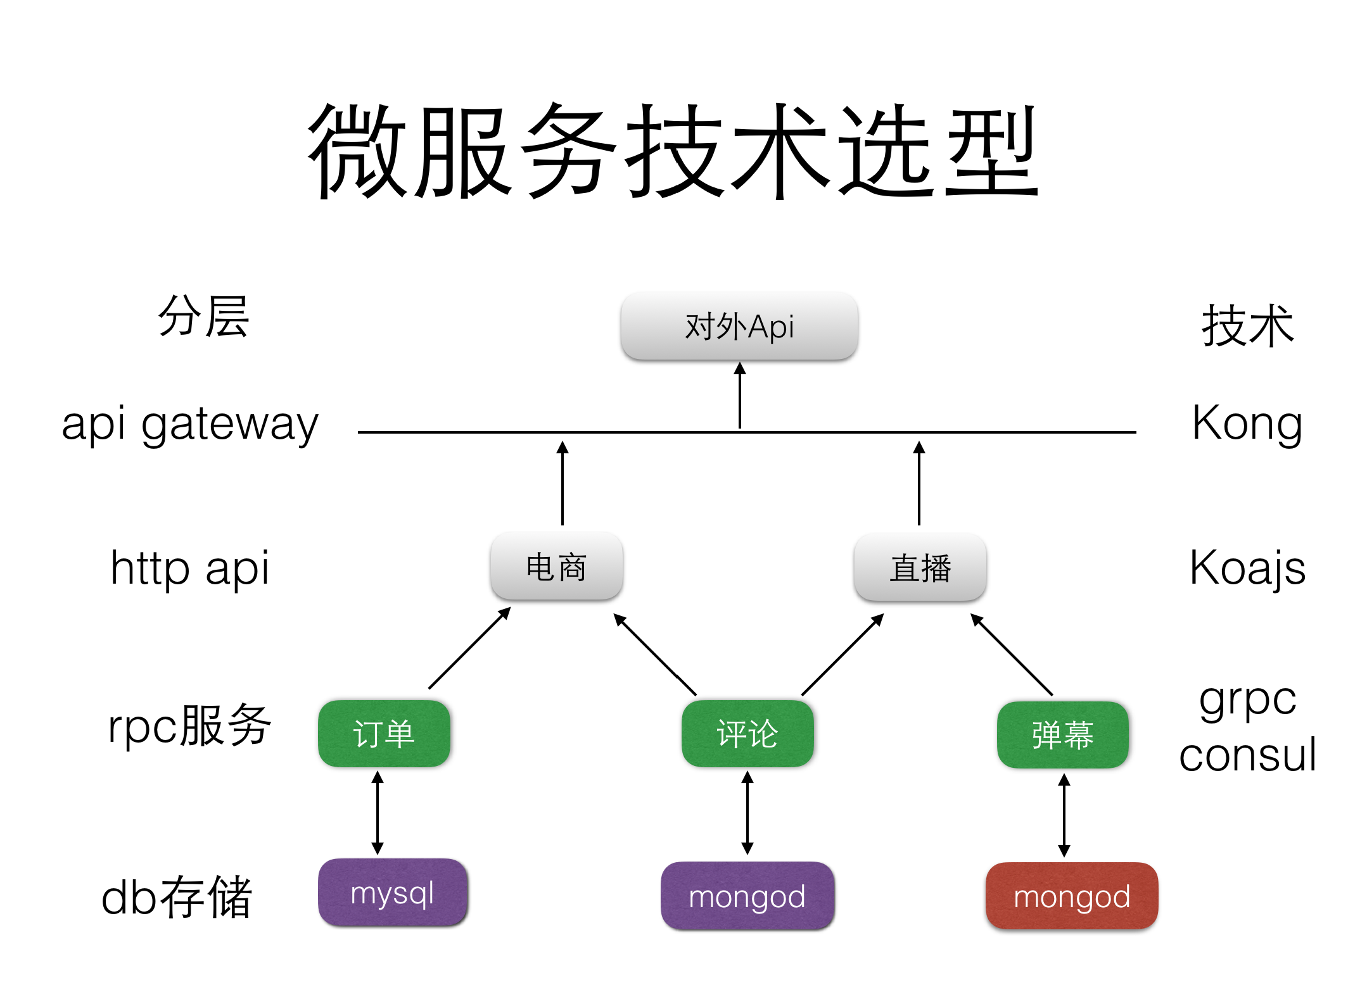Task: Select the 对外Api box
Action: [x=739, y=326]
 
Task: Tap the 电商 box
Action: [x=556, y=566]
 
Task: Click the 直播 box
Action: [x=920, y=567]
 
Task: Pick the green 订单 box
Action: [x=384, y=734]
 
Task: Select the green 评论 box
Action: [x=747, y=734]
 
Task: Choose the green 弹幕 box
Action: [x=1062, y=734]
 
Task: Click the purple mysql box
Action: [x=393, y=893]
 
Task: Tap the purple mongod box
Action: [x=747, y=896]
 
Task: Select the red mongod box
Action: [x=1071, y=896]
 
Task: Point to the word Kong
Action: [x=1247, y=423]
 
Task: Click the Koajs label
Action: [x=1247, y=567]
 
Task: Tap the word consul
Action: [x=1247, y=755]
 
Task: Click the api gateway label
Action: [x=190, y=424]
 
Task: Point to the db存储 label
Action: [x=177, y=896]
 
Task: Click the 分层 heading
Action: [x=204, y=317]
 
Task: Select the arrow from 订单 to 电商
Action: [x=469, y=648]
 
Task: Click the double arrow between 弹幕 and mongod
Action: [x=1064, y=815]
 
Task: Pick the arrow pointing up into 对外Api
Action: [x=739, y=396]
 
